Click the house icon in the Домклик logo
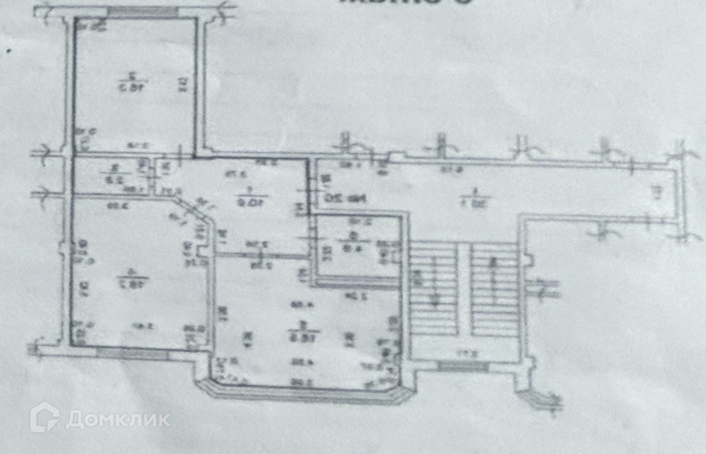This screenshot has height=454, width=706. click(45, 417)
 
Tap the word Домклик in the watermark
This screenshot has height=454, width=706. click(117, 419)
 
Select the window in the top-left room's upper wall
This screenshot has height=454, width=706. click(143, 12)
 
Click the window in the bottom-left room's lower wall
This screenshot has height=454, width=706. click(132, 353)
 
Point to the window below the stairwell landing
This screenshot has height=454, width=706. click(462, 366)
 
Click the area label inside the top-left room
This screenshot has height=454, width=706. click(129, 81)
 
